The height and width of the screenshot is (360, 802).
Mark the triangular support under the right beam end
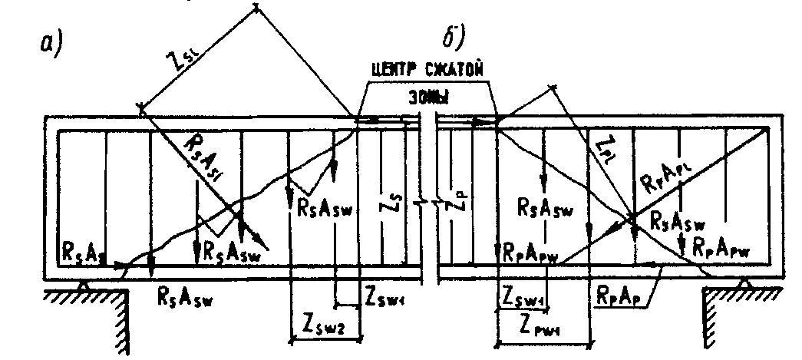pyautogui.click(x=743, y=286)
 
